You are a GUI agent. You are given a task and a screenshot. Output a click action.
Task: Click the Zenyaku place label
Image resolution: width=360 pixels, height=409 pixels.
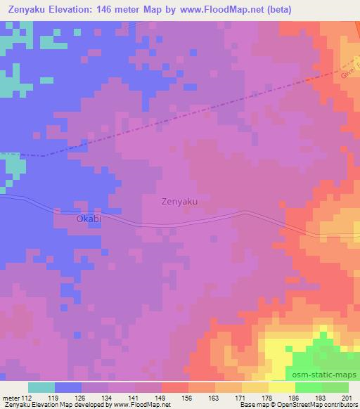179,202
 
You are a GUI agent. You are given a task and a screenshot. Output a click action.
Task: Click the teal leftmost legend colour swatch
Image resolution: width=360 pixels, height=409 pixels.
41,387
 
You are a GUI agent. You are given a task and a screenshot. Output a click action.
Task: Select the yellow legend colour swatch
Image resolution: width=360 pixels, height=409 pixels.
281,387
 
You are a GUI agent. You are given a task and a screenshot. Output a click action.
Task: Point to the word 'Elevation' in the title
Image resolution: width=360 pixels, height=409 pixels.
75,10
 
